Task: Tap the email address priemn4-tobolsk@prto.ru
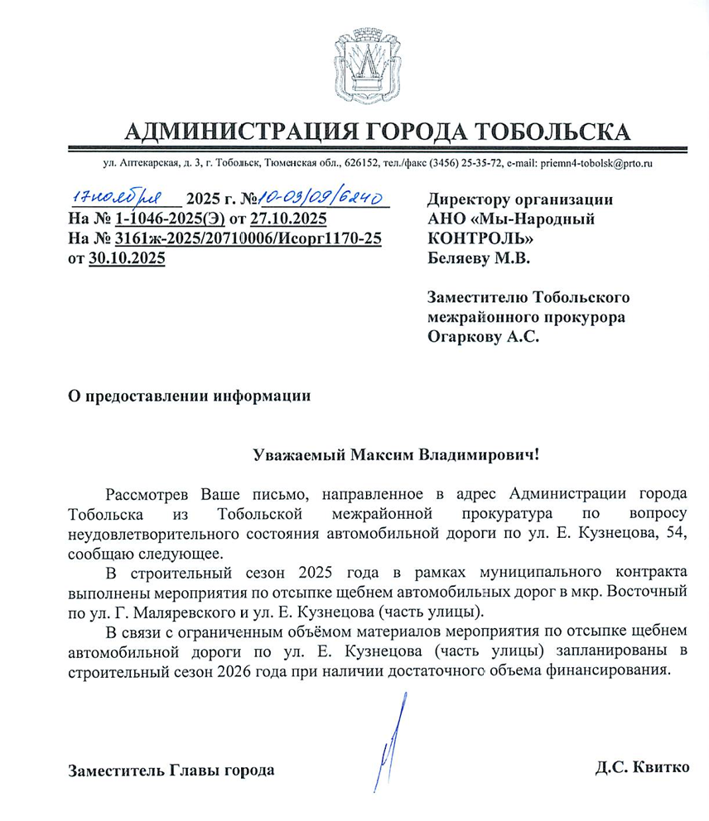[x=598, y=164]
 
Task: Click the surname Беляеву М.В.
[x=478, y=258]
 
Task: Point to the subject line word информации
[x=263, y=396]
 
